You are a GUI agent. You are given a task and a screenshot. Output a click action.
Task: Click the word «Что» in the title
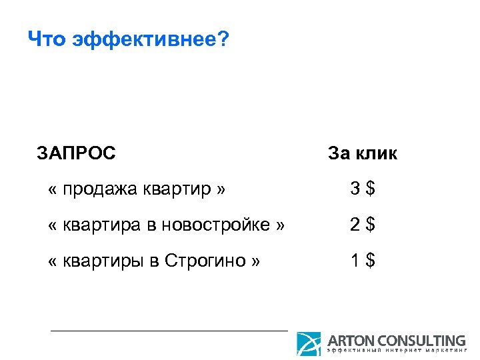[48, 41]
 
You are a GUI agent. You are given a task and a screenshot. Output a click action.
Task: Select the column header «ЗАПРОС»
[77, 154]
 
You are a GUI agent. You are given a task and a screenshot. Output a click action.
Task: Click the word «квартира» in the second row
[100, 225]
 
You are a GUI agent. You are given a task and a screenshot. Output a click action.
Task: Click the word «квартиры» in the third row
[101, 260]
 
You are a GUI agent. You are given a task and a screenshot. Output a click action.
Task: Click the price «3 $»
[363, 190]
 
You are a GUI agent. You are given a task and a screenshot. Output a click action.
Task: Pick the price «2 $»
[363, 225]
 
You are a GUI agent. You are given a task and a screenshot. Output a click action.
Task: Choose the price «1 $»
[363, 260]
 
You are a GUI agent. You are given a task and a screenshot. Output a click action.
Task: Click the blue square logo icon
[309, 343]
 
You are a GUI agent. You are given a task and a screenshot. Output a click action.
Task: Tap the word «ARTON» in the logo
[351, 340]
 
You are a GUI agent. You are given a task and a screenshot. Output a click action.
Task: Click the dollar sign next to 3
[370, 190]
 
